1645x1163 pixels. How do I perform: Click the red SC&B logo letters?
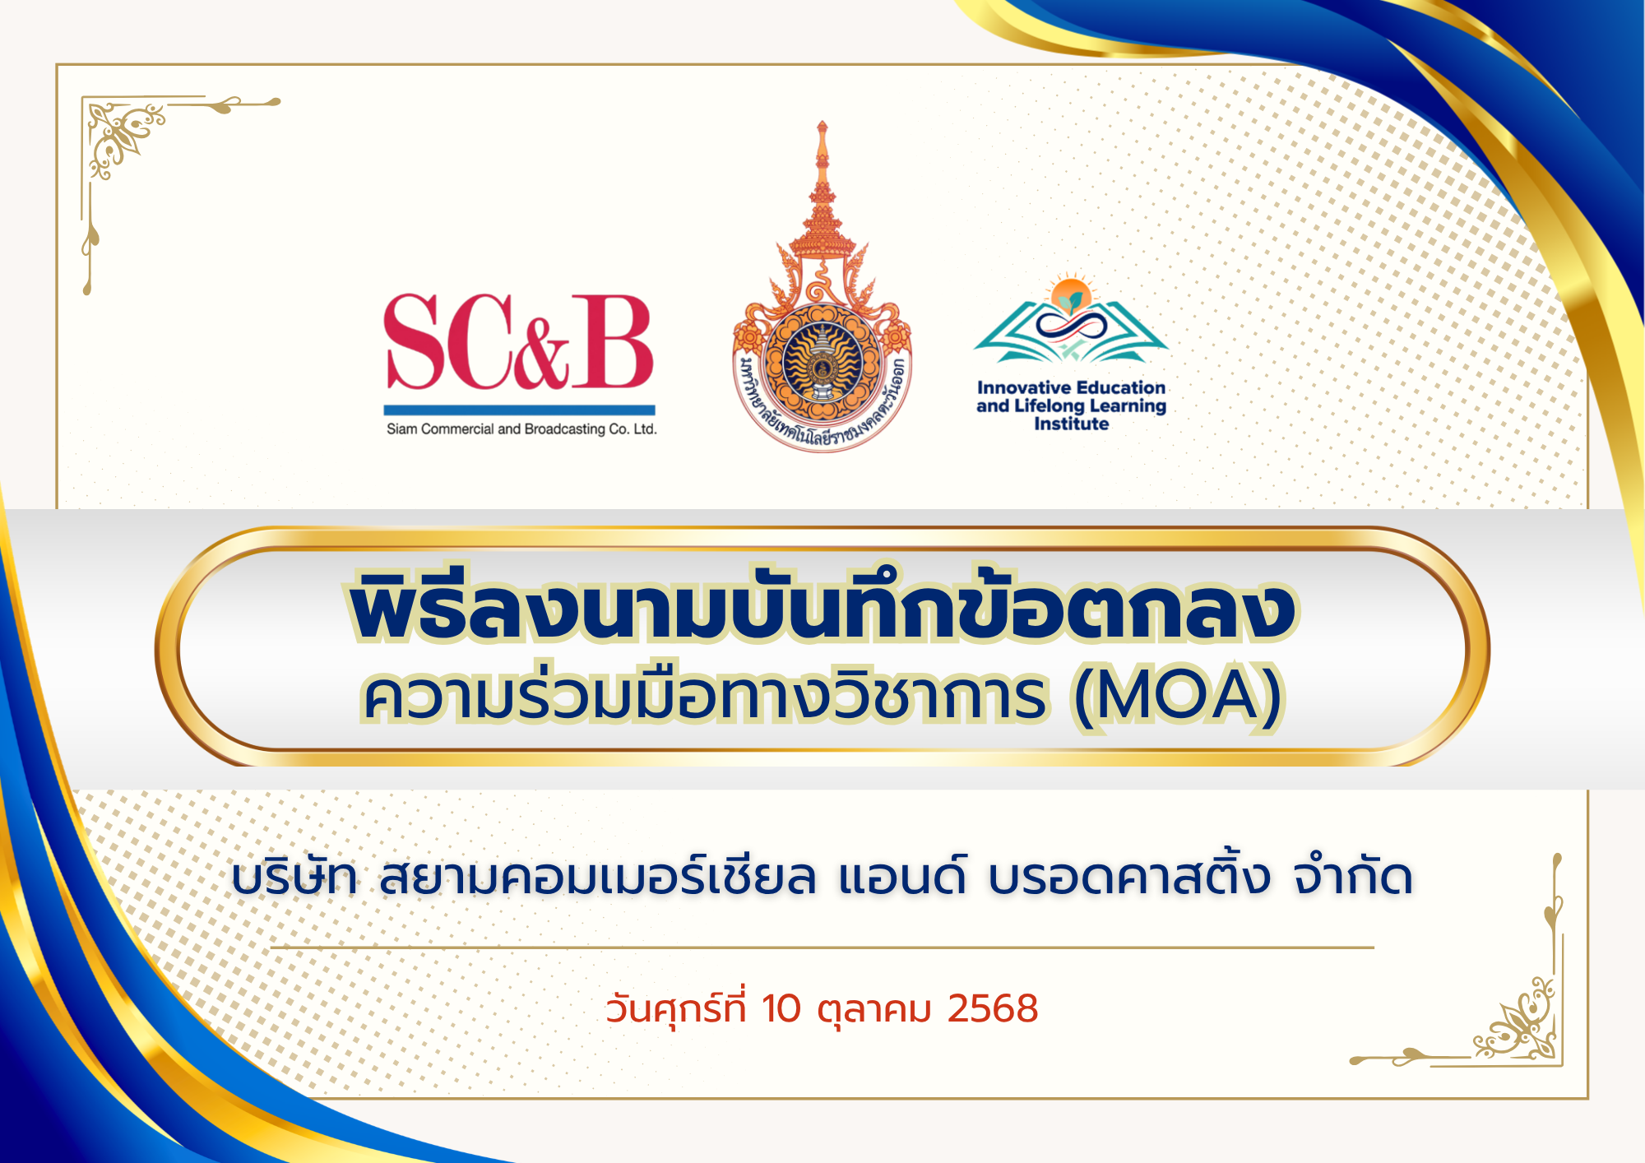tap(519, 342)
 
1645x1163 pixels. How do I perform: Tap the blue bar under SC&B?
tap(519, 410)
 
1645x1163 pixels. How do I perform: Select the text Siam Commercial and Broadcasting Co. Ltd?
tap(521, 429)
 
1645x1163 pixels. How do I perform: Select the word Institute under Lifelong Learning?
tap(1071, 424)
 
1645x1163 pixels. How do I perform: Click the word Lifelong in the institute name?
tap(1050, 405)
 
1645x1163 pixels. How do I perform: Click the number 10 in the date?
tap(781, 1009)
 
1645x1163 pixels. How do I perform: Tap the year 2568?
tap(993, 1009)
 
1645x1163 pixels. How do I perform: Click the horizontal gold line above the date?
tap(822, 948)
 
